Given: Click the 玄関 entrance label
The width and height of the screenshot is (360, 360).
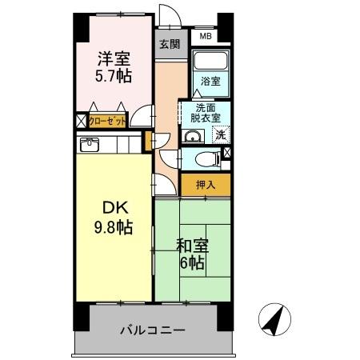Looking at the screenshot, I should click(x=168, y=43).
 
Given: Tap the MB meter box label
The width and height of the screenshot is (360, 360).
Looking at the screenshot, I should click(x=206, y=36).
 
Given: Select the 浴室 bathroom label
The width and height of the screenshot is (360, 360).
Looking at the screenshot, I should click(x=211, y=81).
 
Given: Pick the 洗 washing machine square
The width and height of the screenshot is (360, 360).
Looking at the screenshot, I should click(x=220, y=134).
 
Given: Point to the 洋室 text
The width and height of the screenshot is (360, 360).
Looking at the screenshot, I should click(x=114, y=58).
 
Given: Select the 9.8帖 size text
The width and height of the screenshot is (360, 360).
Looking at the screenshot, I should click(x=114, y=227).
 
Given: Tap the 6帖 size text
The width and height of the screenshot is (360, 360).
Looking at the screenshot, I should click(x=191, y=264).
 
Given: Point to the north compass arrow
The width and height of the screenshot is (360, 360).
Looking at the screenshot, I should click(x=274, y=322).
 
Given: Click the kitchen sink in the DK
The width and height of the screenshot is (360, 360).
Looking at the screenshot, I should click(x=90, y=145).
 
